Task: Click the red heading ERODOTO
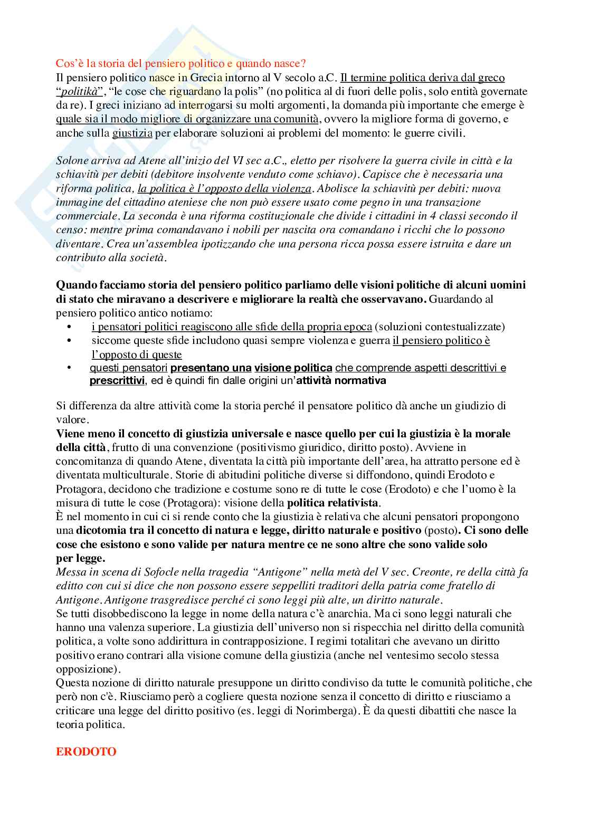click(86, 751)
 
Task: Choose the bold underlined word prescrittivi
click(117, 380)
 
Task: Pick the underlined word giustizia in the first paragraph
click(132, 133)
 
